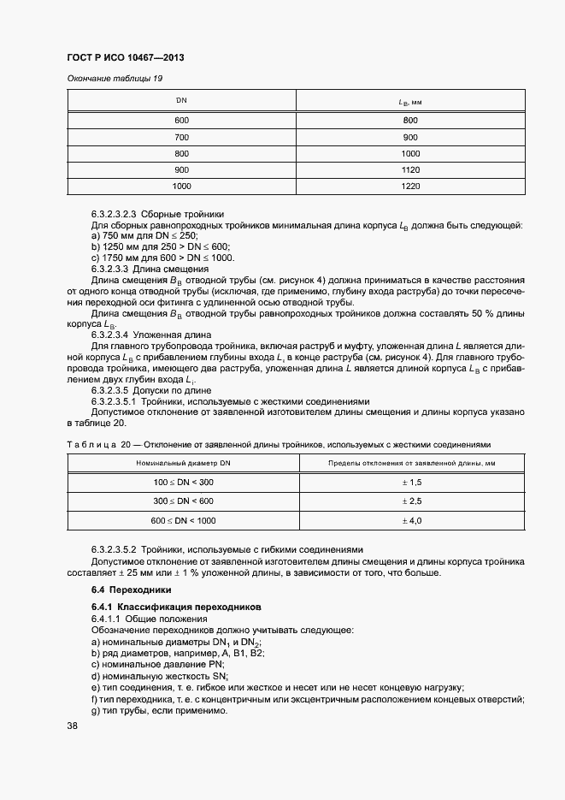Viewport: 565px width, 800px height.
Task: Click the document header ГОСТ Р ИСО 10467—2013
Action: tap(126, 57)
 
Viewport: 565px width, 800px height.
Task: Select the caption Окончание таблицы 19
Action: tap(115, 79)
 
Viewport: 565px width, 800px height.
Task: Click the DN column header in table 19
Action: tap(181, 101)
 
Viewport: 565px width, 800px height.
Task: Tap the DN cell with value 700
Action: tap(181, 137)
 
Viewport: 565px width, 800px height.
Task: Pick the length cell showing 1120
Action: tap(410, 169)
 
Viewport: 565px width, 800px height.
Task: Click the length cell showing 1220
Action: tap(410, 186)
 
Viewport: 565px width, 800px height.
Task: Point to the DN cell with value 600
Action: tap(181, 121)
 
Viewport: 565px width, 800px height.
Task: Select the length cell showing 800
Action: tap(410, 121)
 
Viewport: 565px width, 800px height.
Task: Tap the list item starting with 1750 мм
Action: tap(163, 258)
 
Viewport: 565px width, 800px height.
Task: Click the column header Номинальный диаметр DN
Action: tap(183, 463)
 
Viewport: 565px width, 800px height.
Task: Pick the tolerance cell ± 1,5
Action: tap(412, 483)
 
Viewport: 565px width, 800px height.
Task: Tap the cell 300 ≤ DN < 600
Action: tap(183, 501)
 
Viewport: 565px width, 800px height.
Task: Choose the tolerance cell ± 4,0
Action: tap(412, 520)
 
